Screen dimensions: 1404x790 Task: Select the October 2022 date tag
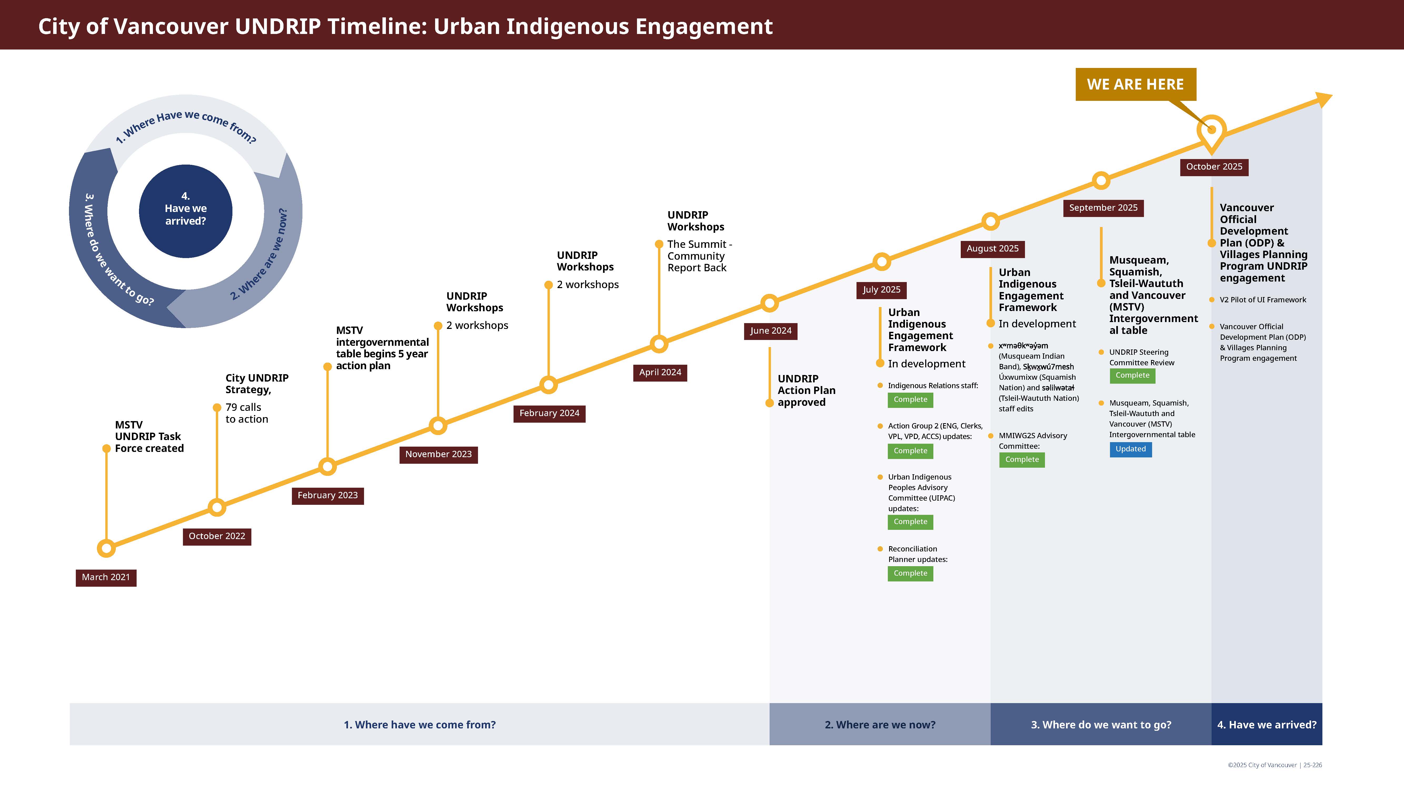[x=217, y=536]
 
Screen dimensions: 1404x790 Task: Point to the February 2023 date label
[x=327, y=496]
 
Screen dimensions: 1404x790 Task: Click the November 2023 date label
[x=439, y=455]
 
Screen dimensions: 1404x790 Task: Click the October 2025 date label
[x=1214, y=167]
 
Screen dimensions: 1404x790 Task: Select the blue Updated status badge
[x=1131, y=449]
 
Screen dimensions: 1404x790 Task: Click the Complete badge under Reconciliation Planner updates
[x=910, y=574]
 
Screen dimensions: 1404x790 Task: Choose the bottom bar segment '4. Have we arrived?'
[x=1267, y=725]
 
